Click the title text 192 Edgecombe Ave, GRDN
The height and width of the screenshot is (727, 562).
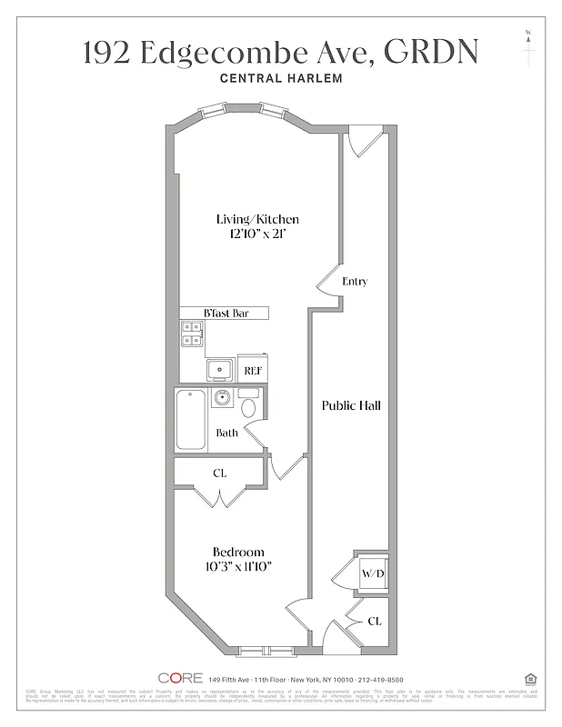(280, 53)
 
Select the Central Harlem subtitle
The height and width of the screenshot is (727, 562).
(281, 79)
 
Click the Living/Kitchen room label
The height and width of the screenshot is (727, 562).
(257, 219)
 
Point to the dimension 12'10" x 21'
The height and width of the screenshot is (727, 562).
(257, 234)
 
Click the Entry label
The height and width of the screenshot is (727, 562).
(354, 282)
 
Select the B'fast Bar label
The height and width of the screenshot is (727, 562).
(225, 314)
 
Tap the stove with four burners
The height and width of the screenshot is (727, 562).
(191, 335)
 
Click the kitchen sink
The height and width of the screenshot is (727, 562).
(219, 370)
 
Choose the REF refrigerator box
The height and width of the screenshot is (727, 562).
(253, 370)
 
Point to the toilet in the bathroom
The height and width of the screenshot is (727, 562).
(248, 404)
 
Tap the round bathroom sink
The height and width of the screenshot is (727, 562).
(222, 398)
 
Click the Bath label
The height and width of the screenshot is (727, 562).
(226, 433)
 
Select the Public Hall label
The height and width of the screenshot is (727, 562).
(351, 405)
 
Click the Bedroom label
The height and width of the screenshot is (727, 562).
(238, 552)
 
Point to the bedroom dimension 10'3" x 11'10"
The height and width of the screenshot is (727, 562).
(238, 566)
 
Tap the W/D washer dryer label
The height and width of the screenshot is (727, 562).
(373, 573)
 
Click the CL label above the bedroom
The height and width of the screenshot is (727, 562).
(219, 473)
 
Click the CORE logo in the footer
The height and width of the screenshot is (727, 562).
(177, 678)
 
